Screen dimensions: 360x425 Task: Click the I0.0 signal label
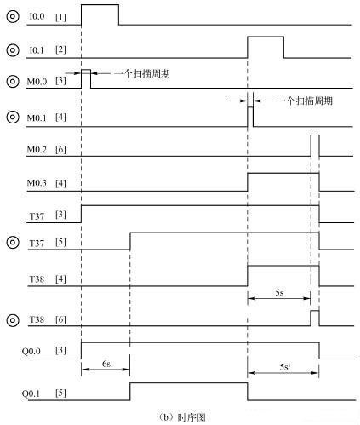tap(37, 16)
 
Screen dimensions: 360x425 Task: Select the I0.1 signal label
tap(37, 50)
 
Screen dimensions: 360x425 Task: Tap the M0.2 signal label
tap(37, 149)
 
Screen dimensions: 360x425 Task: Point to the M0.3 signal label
tap(37, 182)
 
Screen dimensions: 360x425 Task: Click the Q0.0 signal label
tap(31, 352)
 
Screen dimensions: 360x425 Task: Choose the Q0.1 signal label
tap(31, 393)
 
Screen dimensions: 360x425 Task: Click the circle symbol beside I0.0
tap(13, 16)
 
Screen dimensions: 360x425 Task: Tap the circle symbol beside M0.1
tap(13, 117)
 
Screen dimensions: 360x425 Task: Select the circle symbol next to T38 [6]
tap(13, 320)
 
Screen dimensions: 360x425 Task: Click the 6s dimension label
tap(106, 364)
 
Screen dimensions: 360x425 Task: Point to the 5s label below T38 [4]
tap(279, 293)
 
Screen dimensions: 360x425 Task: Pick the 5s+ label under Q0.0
tap(285, 367)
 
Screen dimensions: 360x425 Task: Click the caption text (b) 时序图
tap(181, 417)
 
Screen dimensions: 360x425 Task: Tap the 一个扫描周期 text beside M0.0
tap(142, 74)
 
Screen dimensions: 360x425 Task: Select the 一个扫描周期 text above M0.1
tap(305, 101)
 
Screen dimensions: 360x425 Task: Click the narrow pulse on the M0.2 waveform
tap(315, 146)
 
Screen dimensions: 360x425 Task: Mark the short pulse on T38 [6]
tap(315, 319)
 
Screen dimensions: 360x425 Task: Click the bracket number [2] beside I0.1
tap(60, 49)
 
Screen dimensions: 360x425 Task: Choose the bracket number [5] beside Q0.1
tap(60, 393)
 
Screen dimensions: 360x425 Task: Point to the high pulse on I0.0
tap(100, 14)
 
